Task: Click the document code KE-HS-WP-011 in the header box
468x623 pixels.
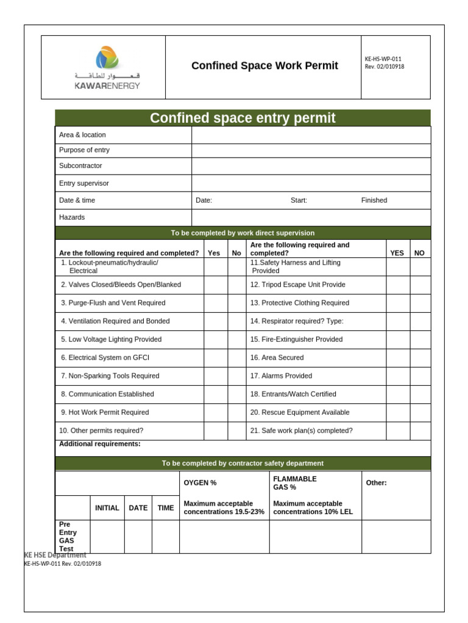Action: coord(383,59)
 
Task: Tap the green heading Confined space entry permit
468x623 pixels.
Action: coord(243,118)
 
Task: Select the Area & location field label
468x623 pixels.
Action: coord(82,135)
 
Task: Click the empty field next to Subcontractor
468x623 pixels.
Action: coord(311,166)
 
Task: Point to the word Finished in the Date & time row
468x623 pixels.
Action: coord(374,200)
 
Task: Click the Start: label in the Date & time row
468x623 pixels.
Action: coord(299,200)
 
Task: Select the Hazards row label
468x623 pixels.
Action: coord(72,217)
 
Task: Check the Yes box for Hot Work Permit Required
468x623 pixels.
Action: coord(215,412)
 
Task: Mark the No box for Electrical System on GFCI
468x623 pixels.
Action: coord(236,358)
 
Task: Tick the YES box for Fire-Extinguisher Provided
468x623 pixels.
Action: coord(397,339)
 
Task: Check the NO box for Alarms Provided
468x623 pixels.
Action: coord(420,376)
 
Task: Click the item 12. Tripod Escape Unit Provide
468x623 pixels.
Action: coord(297,285)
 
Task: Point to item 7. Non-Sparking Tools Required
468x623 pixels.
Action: coord(110,376)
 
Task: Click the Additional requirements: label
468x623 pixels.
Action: coord(99,444)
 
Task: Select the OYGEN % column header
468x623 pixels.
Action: coord(200,483)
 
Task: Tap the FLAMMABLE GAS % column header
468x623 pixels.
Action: coord(295,483)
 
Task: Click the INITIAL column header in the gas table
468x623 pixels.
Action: coord(107,508)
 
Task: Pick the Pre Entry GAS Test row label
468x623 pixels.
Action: coord(68,536)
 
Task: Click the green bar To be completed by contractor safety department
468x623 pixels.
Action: coord(243,464)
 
